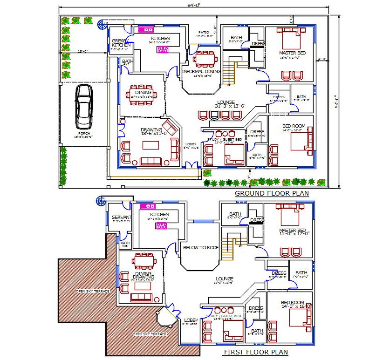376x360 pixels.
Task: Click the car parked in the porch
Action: [83, 108]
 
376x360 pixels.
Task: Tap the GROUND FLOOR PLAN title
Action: [272, 193]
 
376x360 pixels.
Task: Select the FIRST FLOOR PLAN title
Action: [256, 352]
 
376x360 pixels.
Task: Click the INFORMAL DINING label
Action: [201, 72]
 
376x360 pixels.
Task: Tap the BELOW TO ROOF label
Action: [200, 248]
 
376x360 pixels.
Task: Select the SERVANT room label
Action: [122, 217]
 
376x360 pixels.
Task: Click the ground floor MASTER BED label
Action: [292, 53]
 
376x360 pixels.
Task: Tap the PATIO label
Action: [203, 33]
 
